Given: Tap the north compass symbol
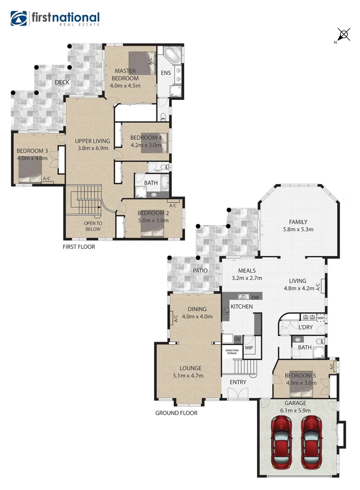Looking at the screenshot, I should tap(344, 34).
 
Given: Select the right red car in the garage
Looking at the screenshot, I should tap(312, 442).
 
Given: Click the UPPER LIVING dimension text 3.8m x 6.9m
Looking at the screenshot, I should tap(92, 148).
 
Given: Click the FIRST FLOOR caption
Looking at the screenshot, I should tap(79, 247).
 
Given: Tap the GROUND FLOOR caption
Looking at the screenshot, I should tap(176, 413).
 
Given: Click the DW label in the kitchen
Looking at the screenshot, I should tap(255, 297).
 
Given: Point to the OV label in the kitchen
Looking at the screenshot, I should tap(237, 338).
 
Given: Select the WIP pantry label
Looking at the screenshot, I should tap(249, 348).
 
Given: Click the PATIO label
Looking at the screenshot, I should tap(199, 270).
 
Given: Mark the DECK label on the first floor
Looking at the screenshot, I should tap(62, 82).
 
